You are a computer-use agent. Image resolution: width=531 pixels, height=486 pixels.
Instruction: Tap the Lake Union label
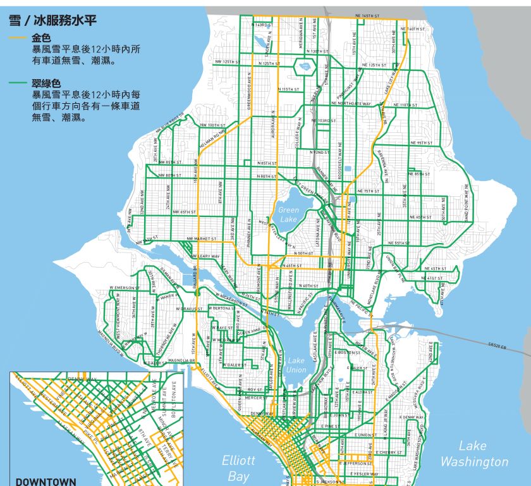[x=296, y=365]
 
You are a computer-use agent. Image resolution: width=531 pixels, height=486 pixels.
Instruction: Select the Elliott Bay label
[x=238, y=468]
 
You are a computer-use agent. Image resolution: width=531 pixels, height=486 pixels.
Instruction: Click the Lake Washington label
[x=474, y=454]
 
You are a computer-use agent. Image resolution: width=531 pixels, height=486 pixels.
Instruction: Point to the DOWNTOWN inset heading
[x=46, y=481]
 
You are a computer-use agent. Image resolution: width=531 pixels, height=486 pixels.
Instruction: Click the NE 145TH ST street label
[x=367, y=15]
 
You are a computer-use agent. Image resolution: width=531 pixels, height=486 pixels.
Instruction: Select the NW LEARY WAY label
[x=207, y=256]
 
